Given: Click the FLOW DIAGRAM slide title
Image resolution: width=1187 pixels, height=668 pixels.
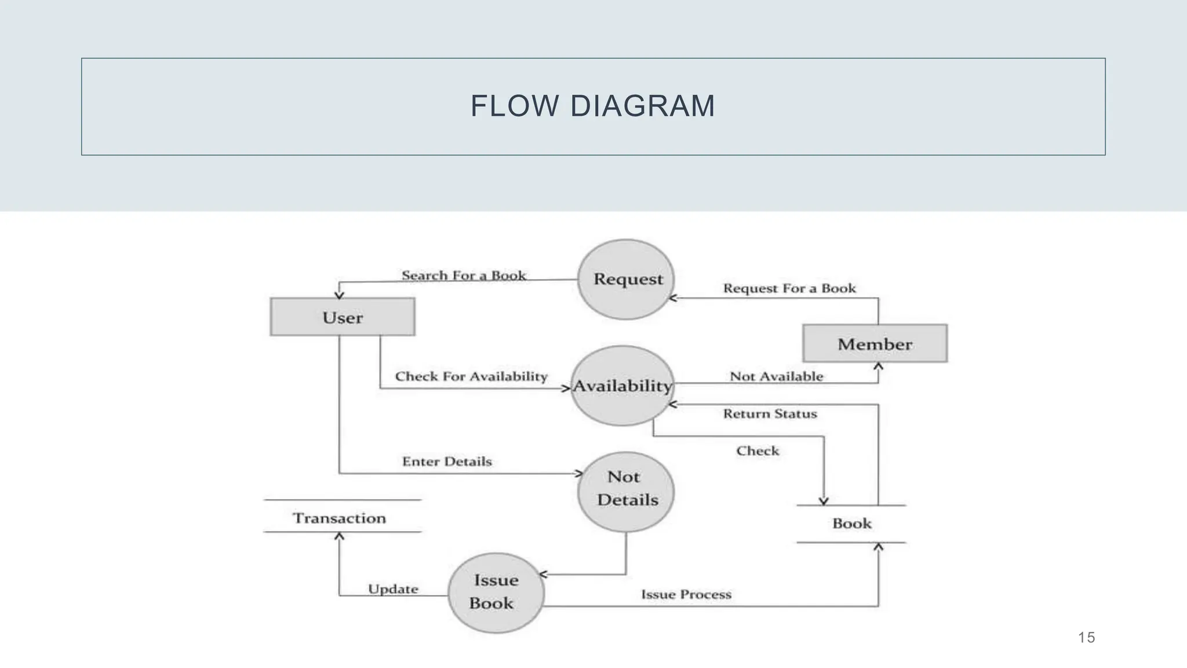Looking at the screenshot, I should point(592,106).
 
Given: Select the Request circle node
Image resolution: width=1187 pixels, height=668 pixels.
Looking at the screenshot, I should point(627,279).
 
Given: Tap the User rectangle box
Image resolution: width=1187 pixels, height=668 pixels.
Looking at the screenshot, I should point(343,317).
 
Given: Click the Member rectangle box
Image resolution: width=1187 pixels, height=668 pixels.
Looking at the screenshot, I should point(875,344).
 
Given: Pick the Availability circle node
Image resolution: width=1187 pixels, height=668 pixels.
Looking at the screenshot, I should point(622,386).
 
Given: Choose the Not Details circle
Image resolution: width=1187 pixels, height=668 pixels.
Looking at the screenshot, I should point(626,492).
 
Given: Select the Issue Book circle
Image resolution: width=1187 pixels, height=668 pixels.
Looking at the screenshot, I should point(496,592).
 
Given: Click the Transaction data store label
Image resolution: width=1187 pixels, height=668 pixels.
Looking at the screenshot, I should point(340,518).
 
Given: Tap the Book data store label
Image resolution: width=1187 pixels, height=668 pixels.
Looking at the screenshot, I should point(851,524).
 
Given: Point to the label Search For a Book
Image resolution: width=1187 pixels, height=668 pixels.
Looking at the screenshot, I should point(464,275).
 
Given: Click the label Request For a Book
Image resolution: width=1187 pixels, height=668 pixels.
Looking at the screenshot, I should point(789,288).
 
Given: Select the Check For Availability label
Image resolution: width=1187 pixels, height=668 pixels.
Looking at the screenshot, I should point(471,376).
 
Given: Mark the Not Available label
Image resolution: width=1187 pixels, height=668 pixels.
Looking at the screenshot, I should point(776,376).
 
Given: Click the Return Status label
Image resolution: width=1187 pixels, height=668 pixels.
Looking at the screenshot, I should point(770,413).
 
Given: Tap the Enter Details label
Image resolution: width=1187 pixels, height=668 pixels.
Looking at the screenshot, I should point(447,462).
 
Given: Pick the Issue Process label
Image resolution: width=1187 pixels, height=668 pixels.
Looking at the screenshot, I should point(686,594).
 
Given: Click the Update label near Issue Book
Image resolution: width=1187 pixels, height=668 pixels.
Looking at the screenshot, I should point(393,589).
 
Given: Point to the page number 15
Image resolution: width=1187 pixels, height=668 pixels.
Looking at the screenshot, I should point(1086,638).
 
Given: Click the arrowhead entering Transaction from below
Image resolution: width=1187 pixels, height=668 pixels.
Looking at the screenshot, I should point(340,536).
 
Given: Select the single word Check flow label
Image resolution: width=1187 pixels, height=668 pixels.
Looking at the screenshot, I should point(758,451).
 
